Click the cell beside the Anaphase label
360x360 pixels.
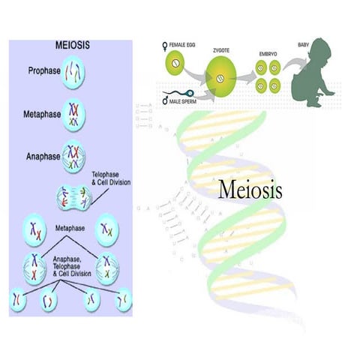point(73,155)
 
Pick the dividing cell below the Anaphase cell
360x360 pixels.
point(73,197)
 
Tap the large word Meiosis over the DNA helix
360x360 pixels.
point(250,189)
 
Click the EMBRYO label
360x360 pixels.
point(267,54)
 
